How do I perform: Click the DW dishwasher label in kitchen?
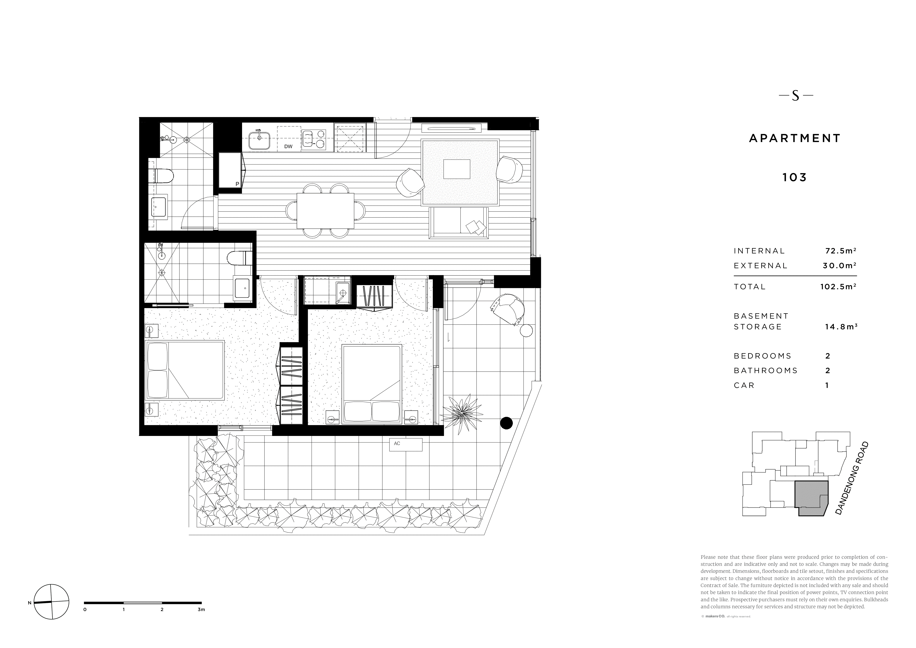tap(288, 146)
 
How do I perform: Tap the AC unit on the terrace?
tap(405, 444)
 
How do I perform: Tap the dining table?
tap(325, 212)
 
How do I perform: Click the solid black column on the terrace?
tap(506, 423)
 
